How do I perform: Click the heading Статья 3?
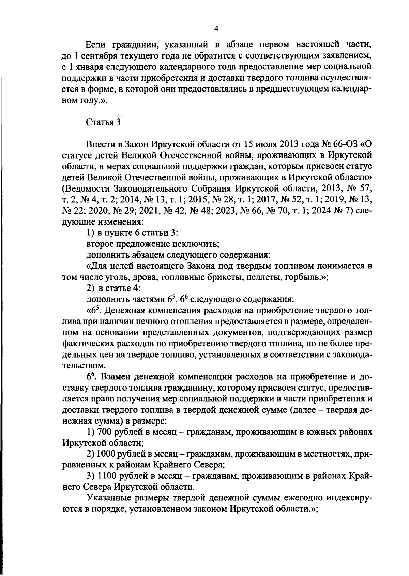[x=103, y=122]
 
